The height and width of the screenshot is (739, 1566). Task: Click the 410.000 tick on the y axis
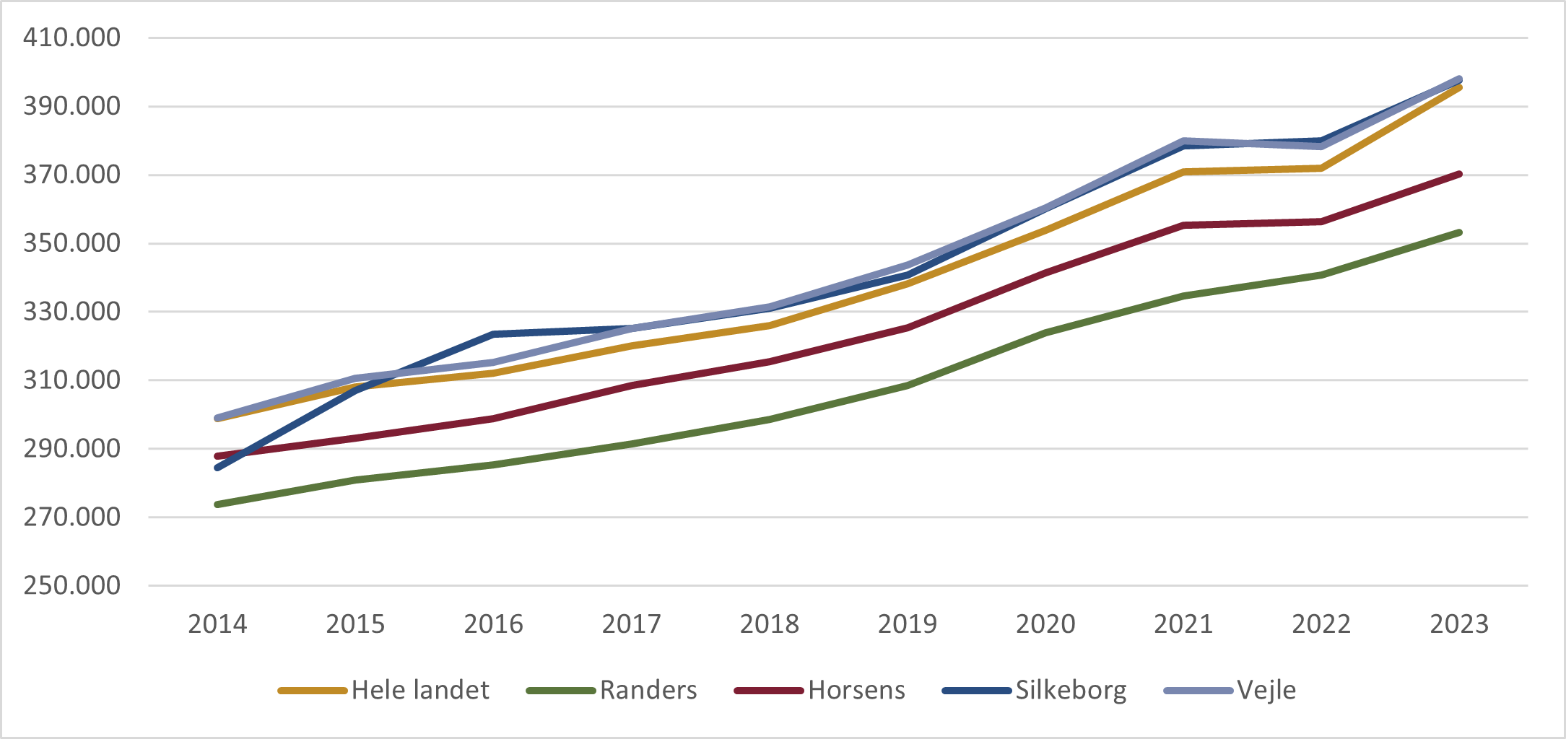(71, 38)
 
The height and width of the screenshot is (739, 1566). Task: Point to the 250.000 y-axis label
(71, 585)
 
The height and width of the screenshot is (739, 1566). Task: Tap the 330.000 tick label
(71, 312)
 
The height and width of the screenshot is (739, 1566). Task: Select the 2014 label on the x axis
(217, 624)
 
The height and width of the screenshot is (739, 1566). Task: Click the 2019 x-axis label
(908, 624)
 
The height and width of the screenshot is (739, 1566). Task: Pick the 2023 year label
(1459, 624)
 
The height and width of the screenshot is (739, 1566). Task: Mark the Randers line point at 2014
(217, 504)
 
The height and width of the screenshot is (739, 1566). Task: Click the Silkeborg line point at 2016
(494, 334)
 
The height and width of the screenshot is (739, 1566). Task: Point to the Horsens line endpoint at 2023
(1459, 174)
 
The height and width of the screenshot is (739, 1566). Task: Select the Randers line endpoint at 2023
(1459, 232)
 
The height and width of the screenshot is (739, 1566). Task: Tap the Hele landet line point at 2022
(1321, 168)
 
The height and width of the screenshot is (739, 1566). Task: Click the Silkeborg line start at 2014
(217, 468)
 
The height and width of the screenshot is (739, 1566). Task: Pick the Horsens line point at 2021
(1183, 225)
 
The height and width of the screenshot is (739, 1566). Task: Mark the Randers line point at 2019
(908, 386)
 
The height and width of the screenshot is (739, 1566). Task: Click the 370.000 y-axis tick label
(71, 175)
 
